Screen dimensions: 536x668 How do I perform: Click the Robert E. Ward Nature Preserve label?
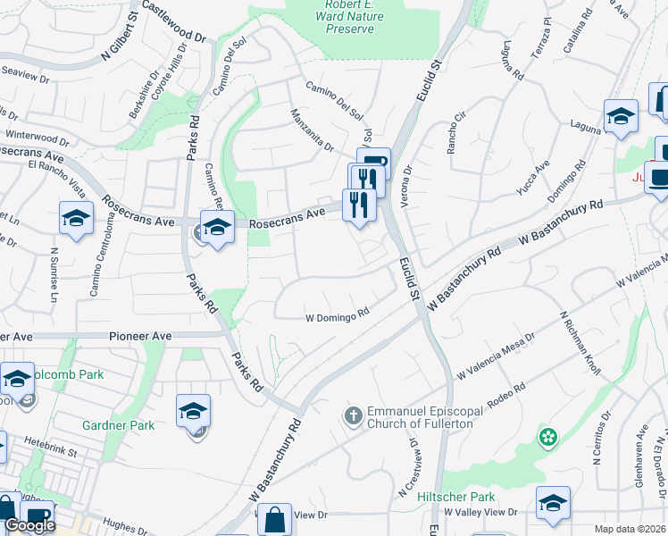(x=344, y=16)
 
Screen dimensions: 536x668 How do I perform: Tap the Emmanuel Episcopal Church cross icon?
(x=353, y=415)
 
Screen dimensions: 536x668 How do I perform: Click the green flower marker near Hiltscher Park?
(x=547, y=438)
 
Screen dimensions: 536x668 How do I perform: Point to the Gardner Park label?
(x=118, y=425)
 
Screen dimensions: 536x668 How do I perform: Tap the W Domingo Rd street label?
(x=338, y=316)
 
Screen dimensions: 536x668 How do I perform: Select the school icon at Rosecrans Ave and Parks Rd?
(x=216, y=227)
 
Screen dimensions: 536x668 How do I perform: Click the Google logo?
(x=29, y=525)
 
